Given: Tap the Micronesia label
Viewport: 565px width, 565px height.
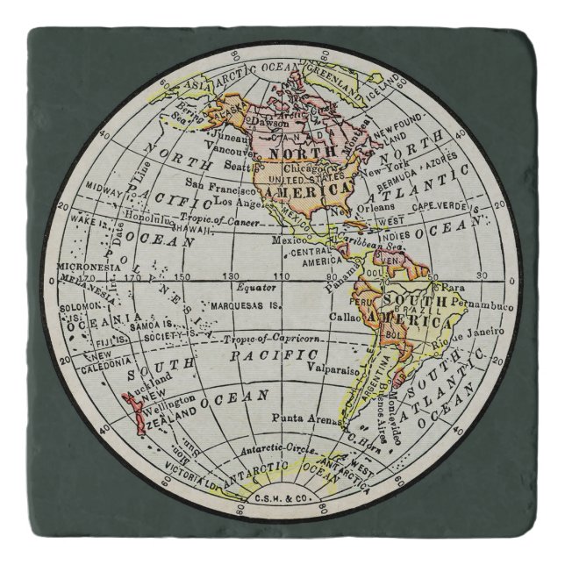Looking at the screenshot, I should pos(86,267).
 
